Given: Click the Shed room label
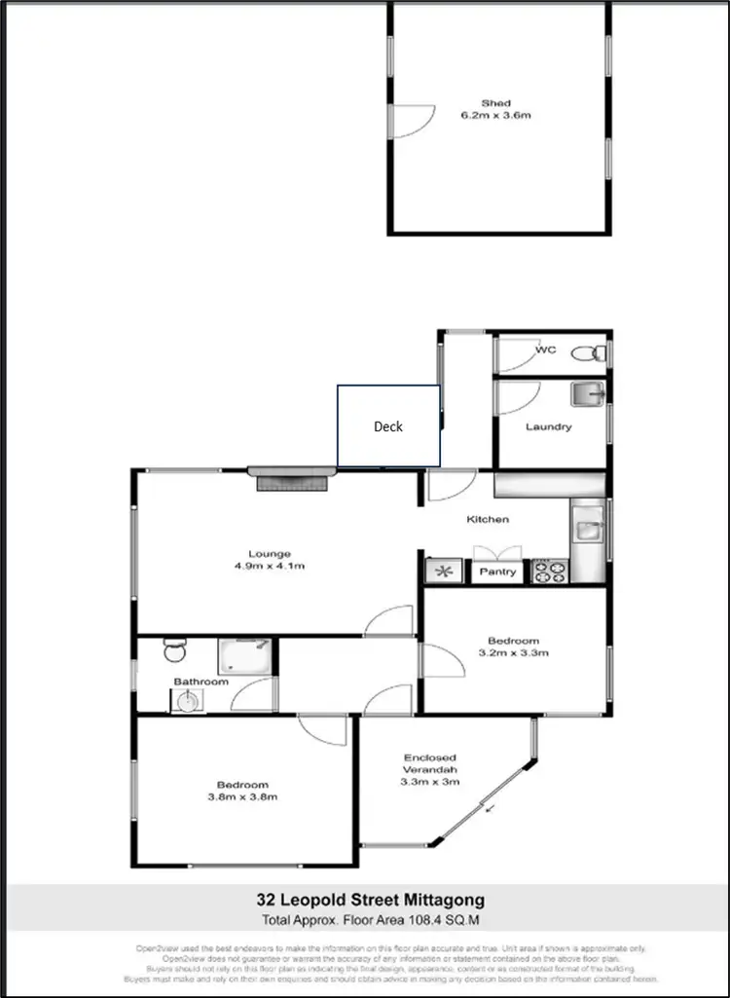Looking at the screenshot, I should [495, 103].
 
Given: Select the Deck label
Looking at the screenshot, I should [388, 426].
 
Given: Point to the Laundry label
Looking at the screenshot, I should [549, 426].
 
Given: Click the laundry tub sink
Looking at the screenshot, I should [588, 394].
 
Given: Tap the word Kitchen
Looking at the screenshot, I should [488, 519].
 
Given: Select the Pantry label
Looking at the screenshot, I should [497, 572].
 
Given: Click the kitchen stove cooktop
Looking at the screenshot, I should [550, 572].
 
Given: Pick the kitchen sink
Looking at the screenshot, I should [587, 530].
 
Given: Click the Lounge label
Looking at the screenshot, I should [270, 554].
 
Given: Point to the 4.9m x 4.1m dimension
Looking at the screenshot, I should [270, 566].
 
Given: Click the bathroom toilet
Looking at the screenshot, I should [173, 649].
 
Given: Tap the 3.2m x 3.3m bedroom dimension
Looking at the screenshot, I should [513, 652].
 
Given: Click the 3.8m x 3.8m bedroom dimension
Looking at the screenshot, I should [242, 796].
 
